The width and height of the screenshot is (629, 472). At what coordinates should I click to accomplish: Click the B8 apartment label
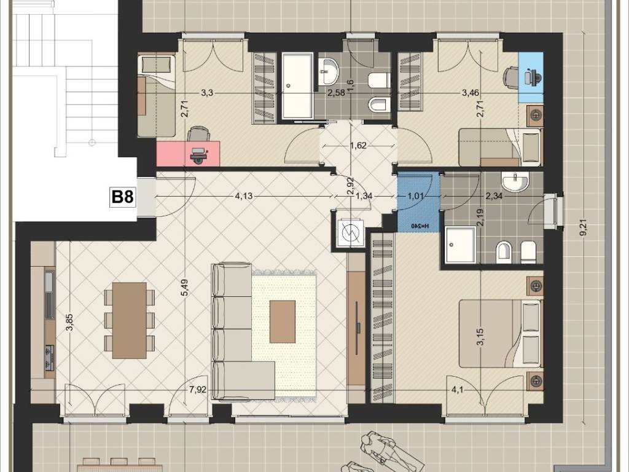click(122, 197)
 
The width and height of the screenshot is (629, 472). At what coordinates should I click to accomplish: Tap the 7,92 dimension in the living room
click(198, 389)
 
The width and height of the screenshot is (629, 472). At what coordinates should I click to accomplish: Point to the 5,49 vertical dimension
click(184, 288)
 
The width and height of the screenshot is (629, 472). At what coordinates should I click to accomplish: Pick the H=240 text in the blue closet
click(419, 226)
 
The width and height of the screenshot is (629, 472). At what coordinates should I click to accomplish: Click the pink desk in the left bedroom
click(188, 153)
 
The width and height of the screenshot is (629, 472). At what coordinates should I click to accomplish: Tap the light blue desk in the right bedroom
click(531, 77)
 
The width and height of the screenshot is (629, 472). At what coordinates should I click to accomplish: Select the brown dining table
click(129, 320)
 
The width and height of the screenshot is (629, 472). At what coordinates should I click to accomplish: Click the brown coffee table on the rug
click(283, 321)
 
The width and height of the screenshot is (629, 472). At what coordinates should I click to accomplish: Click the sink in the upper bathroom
click(329, 71)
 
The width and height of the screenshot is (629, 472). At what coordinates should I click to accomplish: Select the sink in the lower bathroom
click(516, 182)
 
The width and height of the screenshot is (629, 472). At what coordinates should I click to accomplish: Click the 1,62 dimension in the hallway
click(358, 145)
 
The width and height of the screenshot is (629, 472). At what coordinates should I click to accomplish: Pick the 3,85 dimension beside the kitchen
click(70, 321)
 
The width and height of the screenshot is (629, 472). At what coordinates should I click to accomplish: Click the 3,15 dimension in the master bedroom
click(480, 336)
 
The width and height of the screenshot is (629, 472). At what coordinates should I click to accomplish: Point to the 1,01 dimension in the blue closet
click(416, 196)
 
